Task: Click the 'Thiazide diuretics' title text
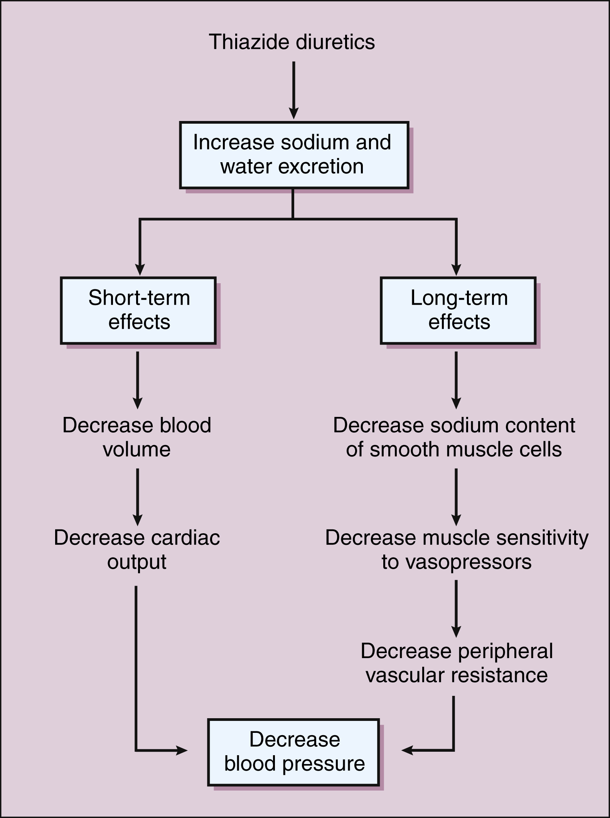(292, 42)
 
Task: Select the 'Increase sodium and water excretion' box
(293, 155)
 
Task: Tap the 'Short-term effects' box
(138, 310)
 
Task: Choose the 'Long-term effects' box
(458, 310)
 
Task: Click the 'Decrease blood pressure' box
(293, 751)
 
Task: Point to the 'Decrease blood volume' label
(137, 437)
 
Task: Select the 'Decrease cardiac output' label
(137, 549)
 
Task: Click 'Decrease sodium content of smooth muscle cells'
(454, 437)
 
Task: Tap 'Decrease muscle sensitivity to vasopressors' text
(457, 549)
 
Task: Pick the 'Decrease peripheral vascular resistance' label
(457, 663)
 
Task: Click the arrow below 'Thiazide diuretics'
(293, 91)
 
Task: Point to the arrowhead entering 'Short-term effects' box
(140, 270)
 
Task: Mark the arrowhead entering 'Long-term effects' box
(457, 270)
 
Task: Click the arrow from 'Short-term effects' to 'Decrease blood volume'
(137, 380)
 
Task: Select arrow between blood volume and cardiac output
(137, 497)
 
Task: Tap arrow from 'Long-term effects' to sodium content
(456, 380)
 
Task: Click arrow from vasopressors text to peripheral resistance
(456, 609)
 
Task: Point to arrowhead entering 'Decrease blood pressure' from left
(182, 750)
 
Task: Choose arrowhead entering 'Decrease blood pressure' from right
(407, 750)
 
